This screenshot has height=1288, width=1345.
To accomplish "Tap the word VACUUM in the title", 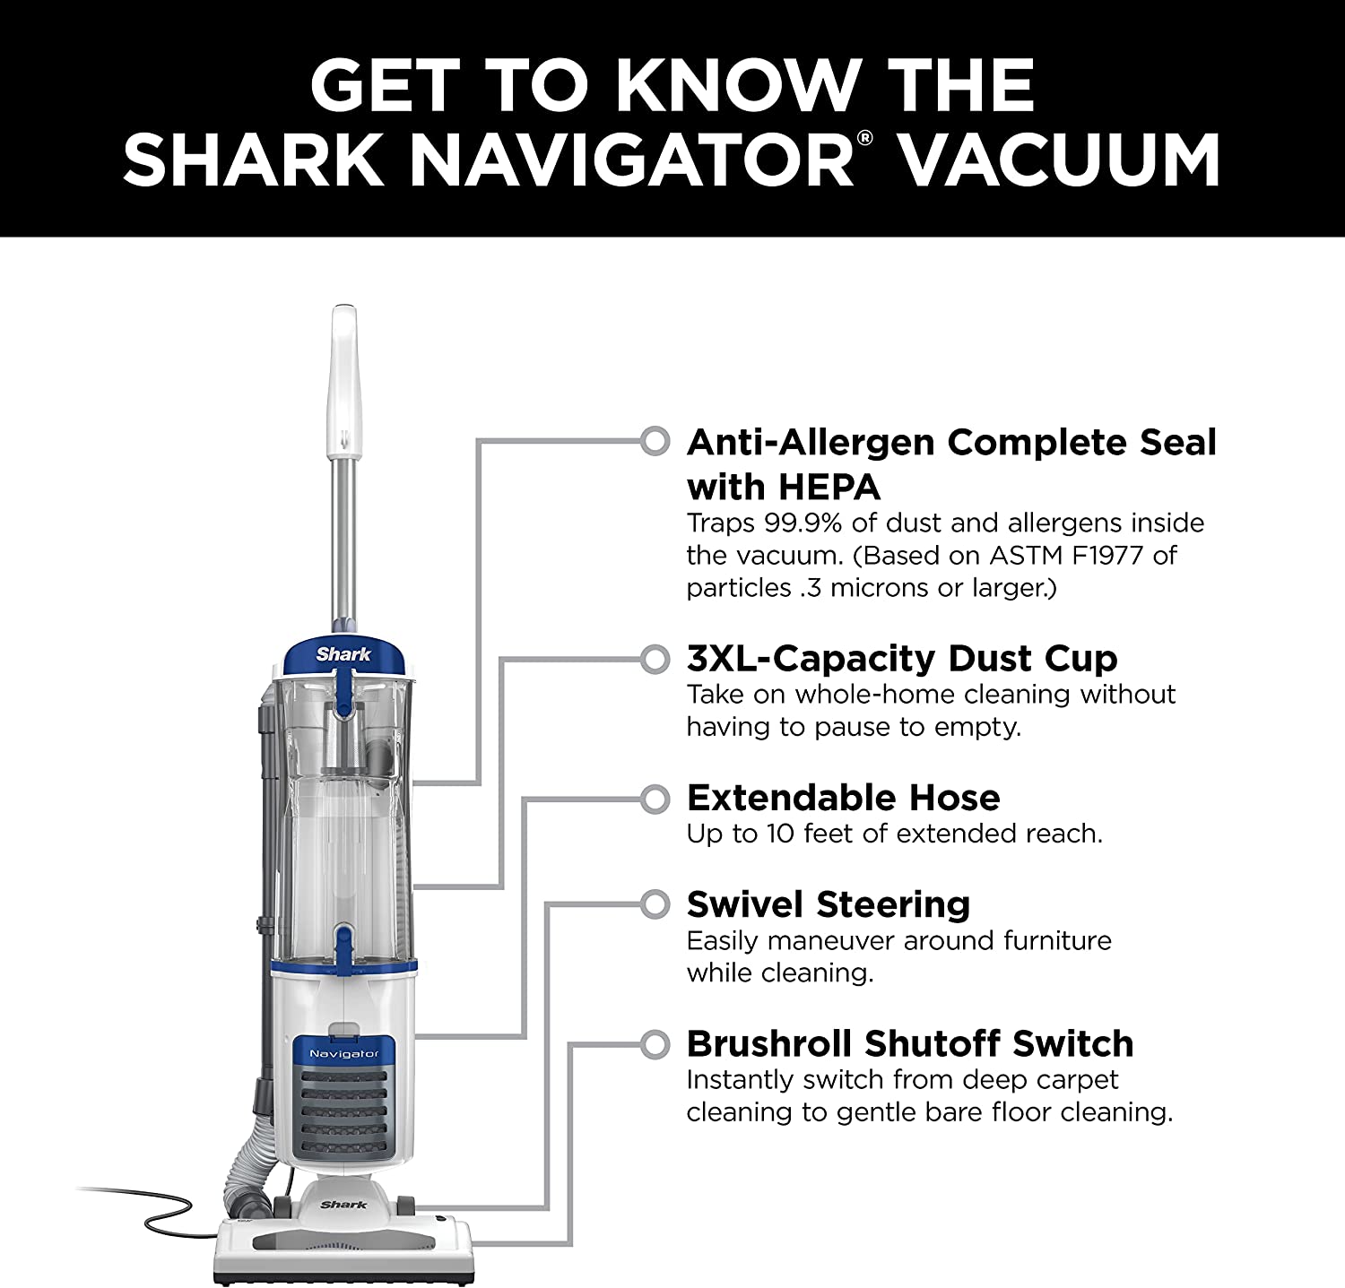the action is [x=1060, y=159].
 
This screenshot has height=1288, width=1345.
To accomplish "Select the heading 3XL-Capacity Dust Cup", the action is [x=902, y=659].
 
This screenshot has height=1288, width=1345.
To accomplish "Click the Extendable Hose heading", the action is [x=843, y=798].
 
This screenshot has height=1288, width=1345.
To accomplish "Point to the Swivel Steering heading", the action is [x=829, y=904].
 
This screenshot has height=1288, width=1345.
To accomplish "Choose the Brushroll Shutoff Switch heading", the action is [x=910, y=1043].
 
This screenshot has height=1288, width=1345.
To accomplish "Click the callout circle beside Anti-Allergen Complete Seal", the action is [x=655, y=440].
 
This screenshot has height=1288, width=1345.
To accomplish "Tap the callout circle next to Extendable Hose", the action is [x=655, y=798].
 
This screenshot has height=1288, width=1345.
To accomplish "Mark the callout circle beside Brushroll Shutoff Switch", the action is [x=655, y=1044].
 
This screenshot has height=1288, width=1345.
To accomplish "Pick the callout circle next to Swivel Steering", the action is [x=655, y=904].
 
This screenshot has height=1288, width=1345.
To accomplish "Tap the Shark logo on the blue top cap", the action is [x=343, y=654].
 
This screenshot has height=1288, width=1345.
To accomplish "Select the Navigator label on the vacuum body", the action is [x=344, y=1053].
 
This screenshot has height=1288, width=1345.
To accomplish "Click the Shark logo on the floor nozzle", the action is [x=344, y=1205].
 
